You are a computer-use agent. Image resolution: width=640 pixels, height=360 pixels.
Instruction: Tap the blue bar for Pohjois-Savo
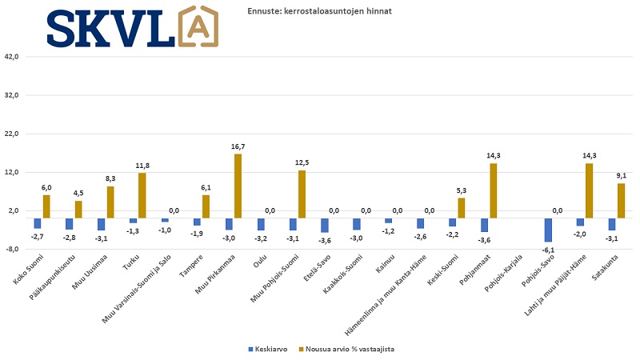point(549,230)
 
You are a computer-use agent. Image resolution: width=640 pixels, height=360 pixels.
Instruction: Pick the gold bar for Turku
point(142,195)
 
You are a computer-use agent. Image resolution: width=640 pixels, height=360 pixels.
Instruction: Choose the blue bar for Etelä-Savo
point(325,225)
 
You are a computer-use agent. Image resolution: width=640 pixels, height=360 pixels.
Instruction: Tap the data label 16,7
point(238,146)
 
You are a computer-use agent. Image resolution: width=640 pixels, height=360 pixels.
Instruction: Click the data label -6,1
point(549,249)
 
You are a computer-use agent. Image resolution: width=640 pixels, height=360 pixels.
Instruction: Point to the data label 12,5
point(302,162)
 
